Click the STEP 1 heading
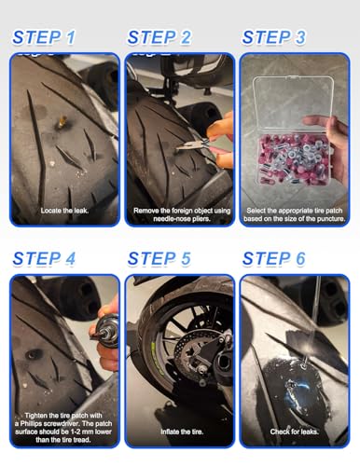[x=44, y=37]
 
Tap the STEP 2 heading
[x=159, y=37]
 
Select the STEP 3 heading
[x=274, y=37]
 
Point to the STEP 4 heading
[x=44, y=259]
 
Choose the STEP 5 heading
[x=159, y=259]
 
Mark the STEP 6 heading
[x=274, y=259]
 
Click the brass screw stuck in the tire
[x=62, y=122]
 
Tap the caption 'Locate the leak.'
[x=64, y=211]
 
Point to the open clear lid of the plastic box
[x=293, y=103]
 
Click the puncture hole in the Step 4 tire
[x=33, y=354]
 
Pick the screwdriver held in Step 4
[x=105, y=332]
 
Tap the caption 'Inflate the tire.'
[x=182, y=432]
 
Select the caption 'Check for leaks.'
[x=294, y=432]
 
